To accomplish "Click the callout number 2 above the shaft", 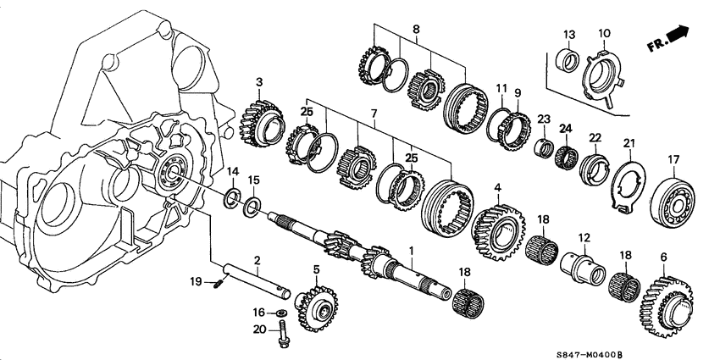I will point(257,260).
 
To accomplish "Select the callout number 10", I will point(604,33).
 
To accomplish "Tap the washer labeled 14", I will point(230,200).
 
